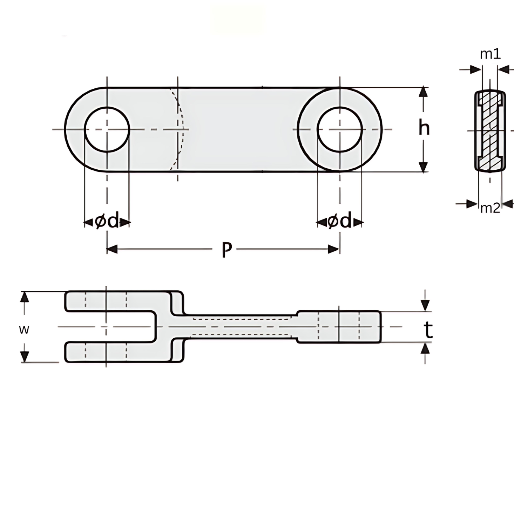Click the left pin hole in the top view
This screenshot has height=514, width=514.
107,130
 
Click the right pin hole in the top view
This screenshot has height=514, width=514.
339,130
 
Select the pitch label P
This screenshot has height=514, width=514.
226,250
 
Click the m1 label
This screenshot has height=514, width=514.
490,54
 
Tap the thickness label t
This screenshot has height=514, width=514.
428,330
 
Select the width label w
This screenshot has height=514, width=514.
24,330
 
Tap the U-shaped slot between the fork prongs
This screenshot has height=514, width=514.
111,326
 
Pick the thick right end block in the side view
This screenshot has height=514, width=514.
339,326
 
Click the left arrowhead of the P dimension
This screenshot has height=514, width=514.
112,249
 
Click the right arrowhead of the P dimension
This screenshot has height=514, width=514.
334,249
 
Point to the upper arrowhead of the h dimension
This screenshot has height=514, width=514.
423,92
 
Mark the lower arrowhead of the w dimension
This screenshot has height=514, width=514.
25,357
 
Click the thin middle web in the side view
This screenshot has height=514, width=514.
241,326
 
